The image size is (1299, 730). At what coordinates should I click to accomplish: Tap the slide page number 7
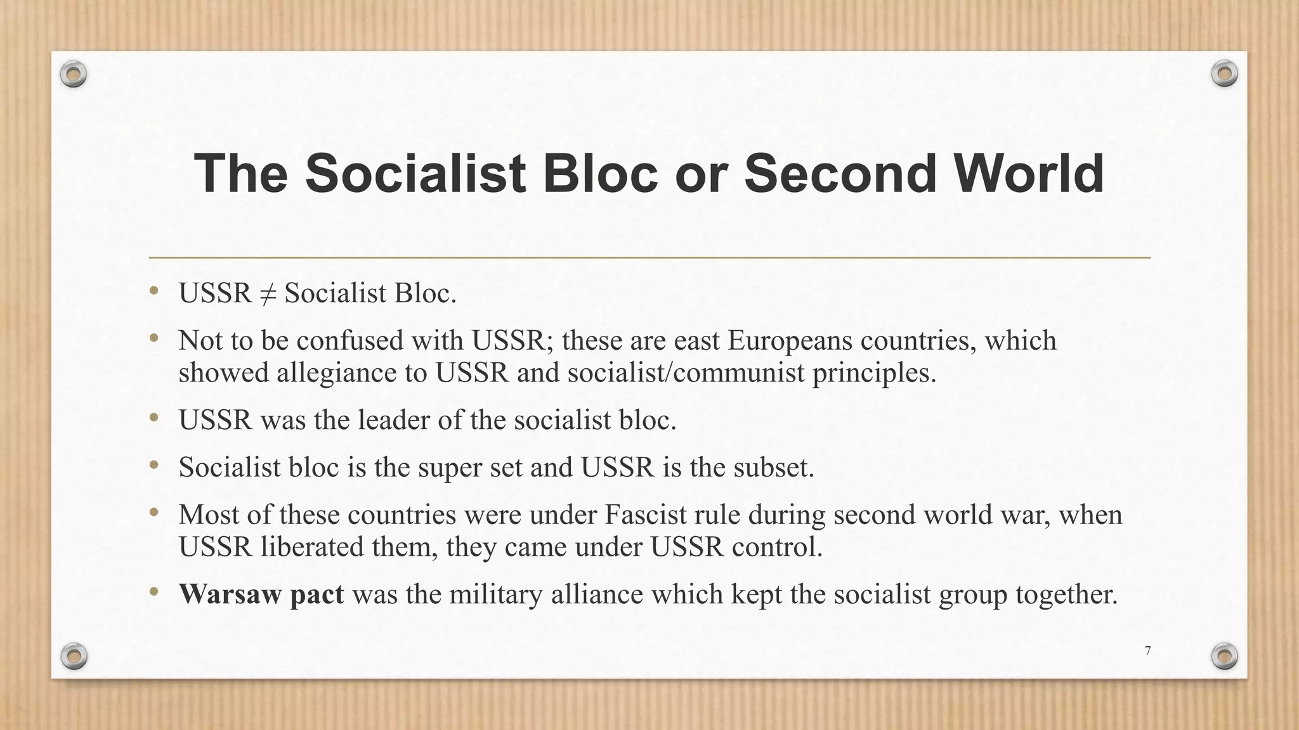pyautogui.click(x=1147, y=651)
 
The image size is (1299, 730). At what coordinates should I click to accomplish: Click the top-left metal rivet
pyautogui.click(x=74, y=75)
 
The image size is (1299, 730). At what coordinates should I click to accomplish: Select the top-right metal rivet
pyautogui.click(x=1224, y=74)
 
